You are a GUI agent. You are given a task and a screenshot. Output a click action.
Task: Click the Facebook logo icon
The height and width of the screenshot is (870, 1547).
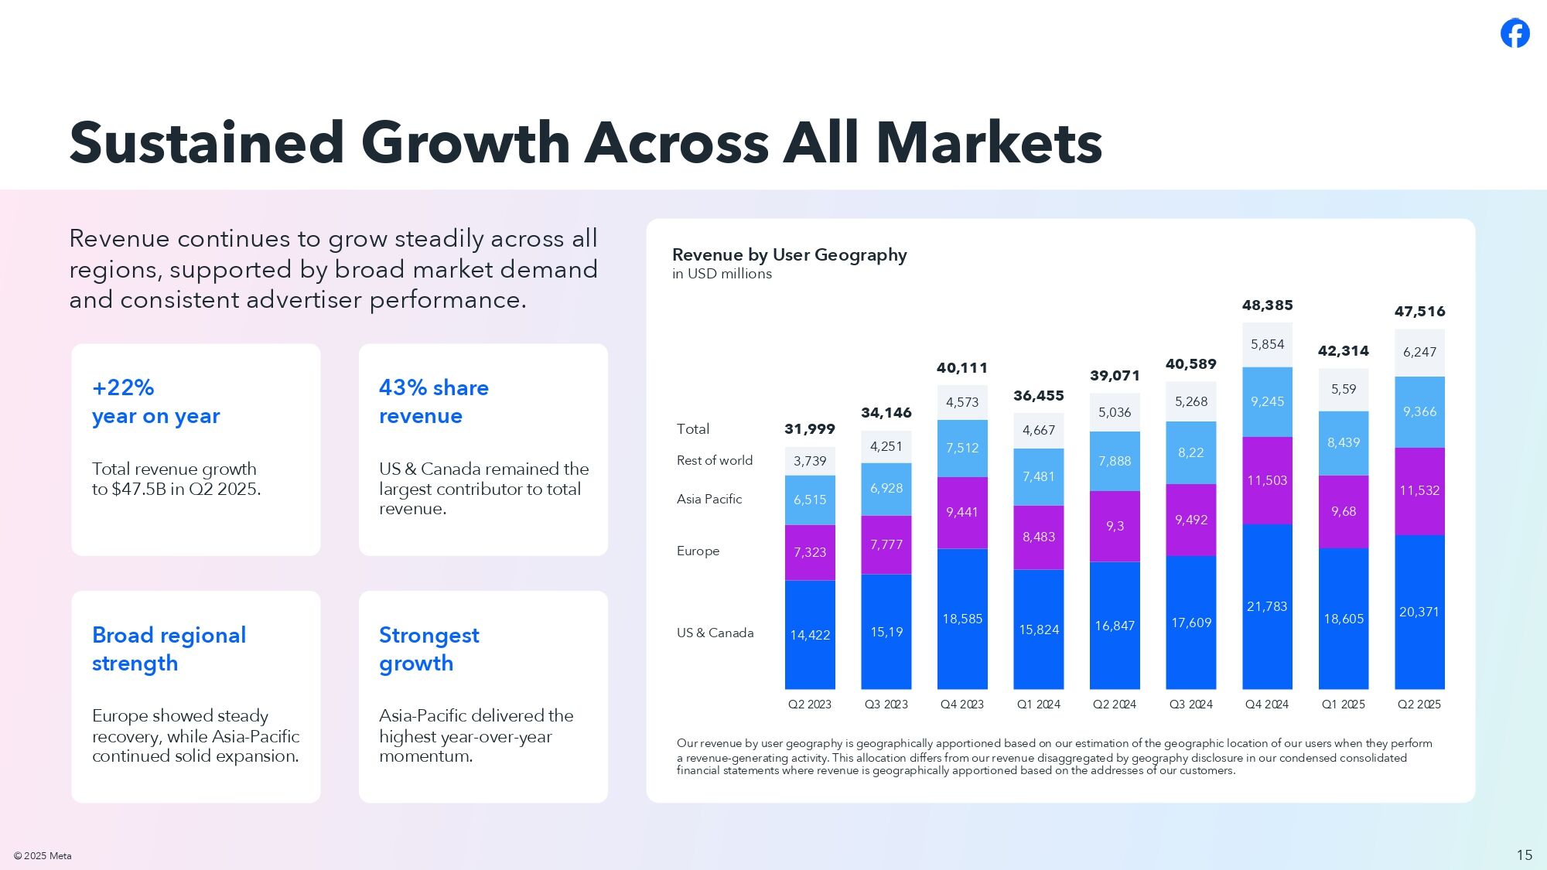[1515, 33]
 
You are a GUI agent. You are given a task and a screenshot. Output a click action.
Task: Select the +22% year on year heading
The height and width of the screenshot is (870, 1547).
[155, 401]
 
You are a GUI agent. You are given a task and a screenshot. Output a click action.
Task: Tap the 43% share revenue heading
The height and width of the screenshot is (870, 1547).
[433, 401]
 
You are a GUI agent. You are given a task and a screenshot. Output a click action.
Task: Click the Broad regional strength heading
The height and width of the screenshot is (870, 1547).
[169, 649]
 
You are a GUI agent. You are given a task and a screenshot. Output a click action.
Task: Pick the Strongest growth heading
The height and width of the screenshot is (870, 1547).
[429, 649]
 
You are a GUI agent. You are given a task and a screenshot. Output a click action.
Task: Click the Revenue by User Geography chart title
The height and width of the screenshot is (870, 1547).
[789, 254]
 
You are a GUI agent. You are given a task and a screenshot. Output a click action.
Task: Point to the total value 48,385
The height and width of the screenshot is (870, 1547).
[1267, 305]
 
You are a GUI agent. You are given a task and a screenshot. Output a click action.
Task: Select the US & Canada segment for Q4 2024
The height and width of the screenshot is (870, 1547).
[1267, 606]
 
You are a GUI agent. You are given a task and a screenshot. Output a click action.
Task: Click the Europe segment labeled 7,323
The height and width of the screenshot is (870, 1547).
[810, 552]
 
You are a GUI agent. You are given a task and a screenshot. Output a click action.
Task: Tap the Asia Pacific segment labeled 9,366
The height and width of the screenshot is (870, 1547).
[1419, 412]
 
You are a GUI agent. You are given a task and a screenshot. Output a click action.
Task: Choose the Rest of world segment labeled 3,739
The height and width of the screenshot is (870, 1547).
[810, 461]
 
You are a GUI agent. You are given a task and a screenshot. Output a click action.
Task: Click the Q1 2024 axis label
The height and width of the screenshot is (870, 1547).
[1038, 705]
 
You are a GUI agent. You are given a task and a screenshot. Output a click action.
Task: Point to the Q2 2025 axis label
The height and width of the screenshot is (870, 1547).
[1419, 705]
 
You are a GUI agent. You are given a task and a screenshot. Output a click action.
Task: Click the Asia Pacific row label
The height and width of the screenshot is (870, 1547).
[709, 500]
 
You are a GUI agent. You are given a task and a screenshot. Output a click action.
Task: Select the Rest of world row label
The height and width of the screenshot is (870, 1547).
[714, 461]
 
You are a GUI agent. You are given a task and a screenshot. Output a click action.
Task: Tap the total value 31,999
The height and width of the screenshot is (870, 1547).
[810, 429]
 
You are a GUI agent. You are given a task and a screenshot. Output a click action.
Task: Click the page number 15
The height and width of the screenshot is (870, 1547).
[1524, 855]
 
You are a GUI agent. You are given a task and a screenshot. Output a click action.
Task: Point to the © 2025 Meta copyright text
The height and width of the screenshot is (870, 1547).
[43, 855]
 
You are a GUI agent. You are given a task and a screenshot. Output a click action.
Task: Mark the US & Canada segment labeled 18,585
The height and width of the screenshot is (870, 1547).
[962, 619]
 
